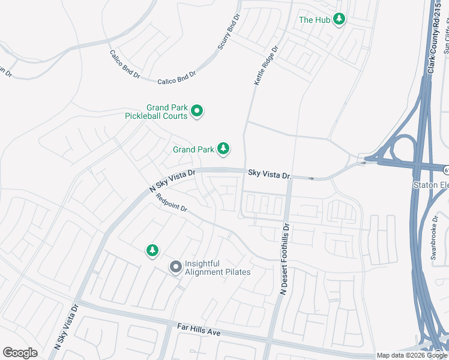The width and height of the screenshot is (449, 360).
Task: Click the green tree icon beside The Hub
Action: point(340,20)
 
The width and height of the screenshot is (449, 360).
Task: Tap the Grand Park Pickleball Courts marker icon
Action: point(197,111)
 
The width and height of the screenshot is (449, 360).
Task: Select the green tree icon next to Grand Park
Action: point(223,148)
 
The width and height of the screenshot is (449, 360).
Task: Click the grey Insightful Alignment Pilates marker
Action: point(175,267)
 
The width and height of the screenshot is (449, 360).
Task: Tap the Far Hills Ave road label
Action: point(199,328)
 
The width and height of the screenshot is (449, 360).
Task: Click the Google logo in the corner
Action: point(20,353)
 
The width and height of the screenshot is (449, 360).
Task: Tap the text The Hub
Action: point(315,20)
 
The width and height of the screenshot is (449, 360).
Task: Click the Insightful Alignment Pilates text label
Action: point(217,268)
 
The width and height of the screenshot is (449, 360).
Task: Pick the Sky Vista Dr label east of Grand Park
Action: point(270,175)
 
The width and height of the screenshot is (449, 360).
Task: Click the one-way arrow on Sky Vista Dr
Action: point(311,178)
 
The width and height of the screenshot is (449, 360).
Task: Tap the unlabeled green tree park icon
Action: point(152,250)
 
